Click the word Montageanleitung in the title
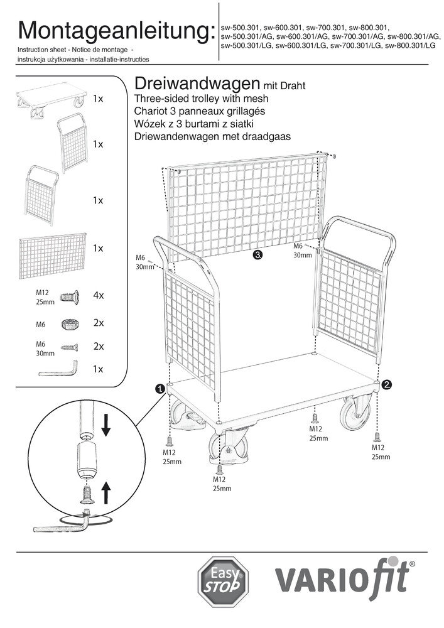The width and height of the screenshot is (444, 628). point(113,30)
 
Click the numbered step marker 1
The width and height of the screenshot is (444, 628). point(160,389)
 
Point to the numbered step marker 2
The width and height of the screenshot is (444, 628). point(387,384)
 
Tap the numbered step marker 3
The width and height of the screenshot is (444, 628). point(257,255)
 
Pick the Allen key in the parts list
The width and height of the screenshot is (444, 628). point(57,369)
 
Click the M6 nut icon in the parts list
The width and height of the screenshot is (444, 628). point(70,324)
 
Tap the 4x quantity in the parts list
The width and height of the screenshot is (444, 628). point(98,296)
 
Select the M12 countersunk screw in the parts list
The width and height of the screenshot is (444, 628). point(69,296)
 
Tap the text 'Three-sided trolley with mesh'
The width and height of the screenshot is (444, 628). point(202,99)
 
